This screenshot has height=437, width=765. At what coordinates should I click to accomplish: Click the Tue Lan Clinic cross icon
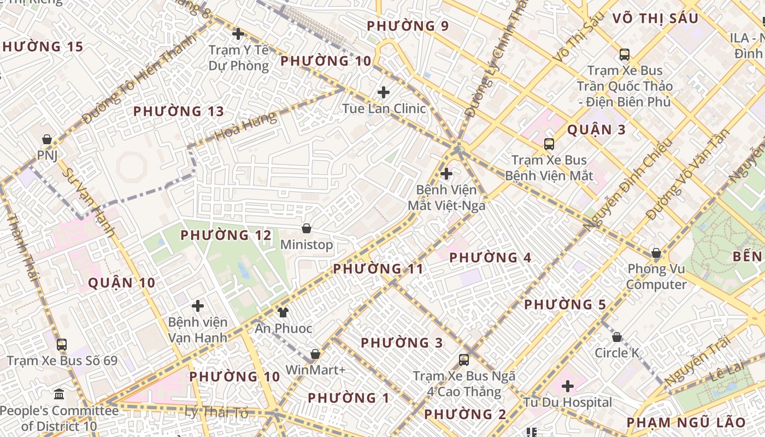pos(384,92)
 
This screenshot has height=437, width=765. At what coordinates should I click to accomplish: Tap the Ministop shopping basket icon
pos(306,228)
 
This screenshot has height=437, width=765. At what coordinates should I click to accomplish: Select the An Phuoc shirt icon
pos(283,312)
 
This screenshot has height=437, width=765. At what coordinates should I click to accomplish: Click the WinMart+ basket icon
pos(315,354)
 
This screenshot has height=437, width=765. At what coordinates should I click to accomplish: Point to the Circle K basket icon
pos(617,337)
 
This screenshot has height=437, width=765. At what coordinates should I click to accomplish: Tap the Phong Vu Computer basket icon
pos(656,253)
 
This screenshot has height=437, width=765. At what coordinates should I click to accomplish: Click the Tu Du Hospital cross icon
pos(568,386)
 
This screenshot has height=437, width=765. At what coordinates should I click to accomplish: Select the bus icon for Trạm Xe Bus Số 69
pos(62,345)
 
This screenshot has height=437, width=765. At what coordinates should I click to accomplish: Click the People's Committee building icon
pos(59,394)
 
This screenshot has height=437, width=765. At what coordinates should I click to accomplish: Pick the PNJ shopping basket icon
pos(47,139)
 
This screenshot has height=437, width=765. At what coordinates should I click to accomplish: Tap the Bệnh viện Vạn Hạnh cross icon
pos(198,306)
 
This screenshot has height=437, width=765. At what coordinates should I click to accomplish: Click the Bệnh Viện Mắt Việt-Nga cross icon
pos(446,174)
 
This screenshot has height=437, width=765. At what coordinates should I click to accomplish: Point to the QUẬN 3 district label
pos(596,130)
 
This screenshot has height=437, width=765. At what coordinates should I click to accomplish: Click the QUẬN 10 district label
pos(122,283)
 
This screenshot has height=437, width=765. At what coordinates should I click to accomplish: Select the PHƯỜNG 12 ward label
pos(226,235)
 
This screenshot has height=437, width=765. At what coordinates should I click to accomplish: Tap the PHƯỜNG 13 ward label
pos(179,111)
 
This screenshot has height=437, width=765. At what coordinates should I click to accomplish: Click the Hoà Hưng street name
pos(245,126)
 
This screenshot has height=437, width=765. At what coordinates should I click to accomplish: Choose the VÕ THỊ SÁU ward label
pos(655,19)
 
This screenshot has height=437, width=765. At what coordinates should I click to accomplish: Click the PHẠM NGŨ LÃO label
pos(686,422)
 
